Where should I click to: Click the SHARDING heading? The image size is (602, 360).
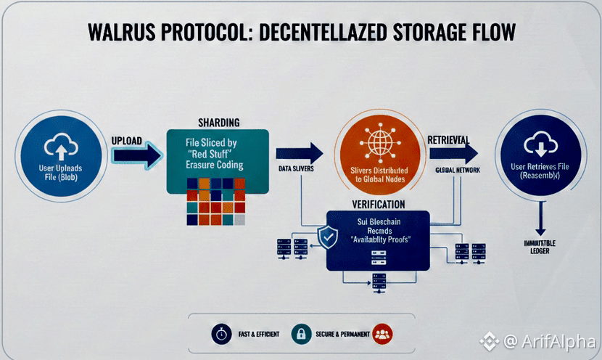[x=218, y=122]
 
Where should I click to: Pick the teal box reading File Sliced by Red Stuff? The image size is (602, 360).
[x=218, y=161]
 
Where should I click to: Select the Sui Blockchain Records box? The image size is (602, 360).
[x=379, y=240]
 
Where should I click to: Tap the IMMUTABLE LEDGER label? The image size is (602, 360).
[x=538, y=246]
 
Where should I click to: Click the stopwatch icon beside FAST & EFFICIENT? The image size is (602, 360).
[x=220, y=335]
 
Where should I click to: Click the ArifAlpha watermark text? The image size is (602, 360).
[x=559, y=340]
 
